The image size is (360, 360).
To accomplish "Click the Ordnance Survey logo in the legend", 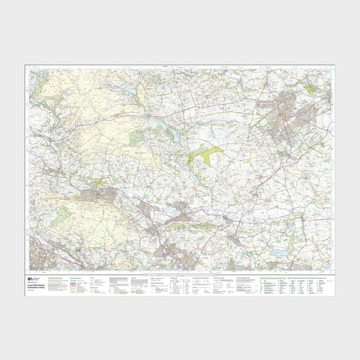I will (32, 278).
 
